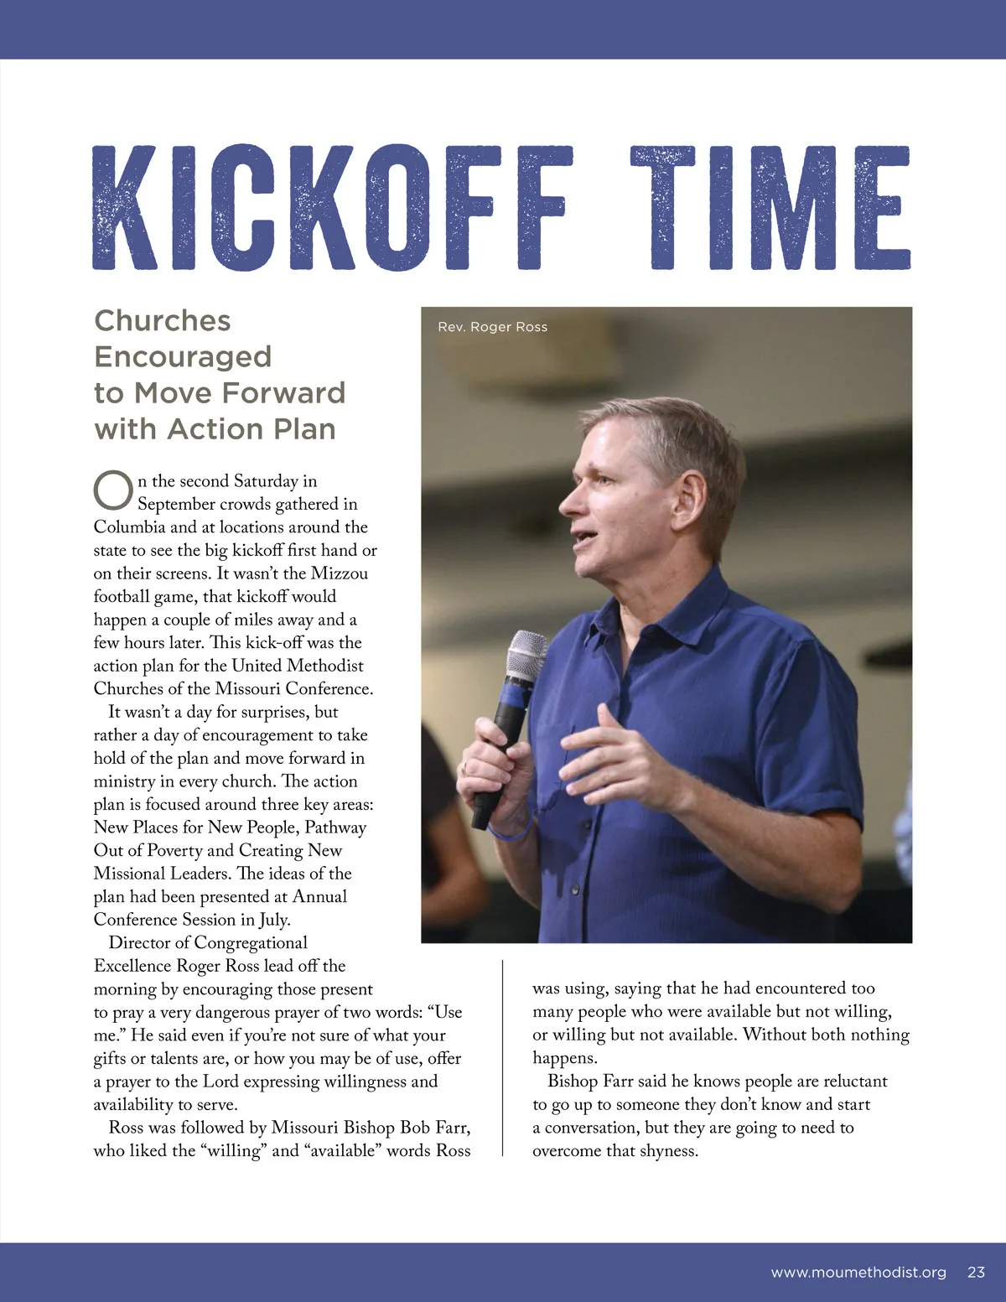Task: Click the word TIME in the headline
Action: coord(770,208)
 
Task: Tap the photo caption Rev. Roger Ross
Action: coord(492,327)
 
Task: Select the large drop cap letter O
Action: coord(112,490)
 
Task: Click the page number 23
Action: coord(976,1272)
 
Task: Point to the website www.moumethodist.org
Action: coord(858,1272)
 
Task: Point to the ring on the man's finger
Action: coord(464,766)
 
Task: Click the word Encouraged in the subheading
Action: coord(183,357)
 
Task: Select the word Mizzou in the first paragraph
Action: coord(340,573)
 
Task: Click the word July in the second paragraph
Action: coord(273,920)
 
